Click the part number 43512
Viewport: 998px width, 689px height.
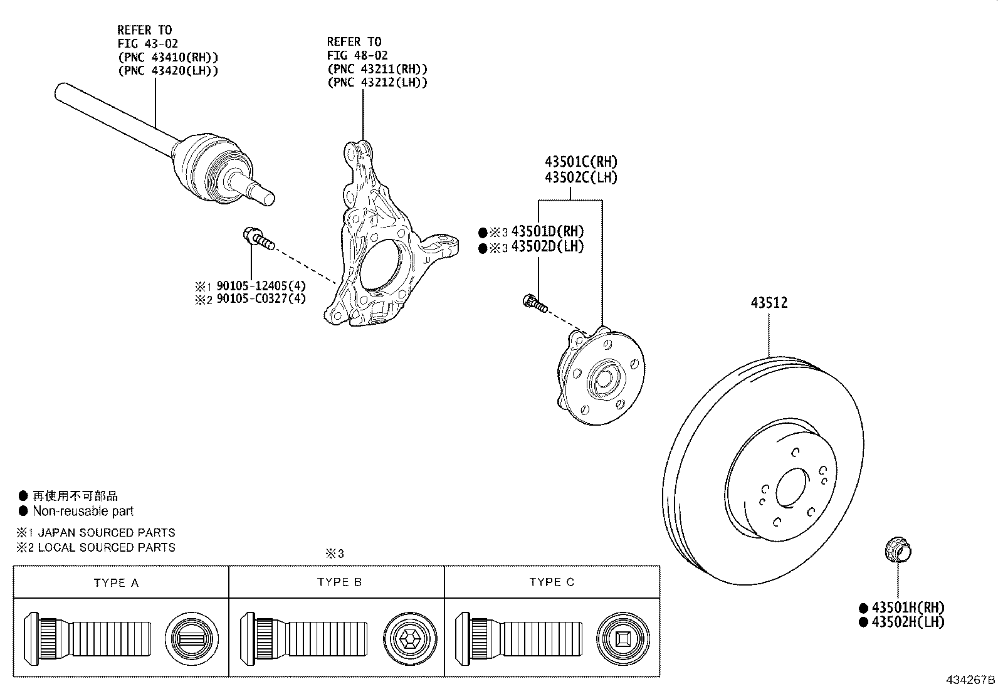coord(769,303)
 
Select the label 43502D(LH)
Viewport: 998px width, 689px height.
coord(547,247)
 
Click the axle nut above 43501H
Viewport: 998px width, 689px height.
coord(897,551)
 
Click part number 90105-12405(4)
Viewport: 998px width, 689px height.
coord(261,287)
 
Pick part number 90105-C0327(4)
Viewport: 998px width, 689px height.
coord(261,298)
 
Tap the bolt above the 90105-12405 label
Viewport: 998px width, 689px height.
coord(258,238)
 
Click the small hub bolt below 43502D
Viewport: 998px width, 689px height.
coord(535,303)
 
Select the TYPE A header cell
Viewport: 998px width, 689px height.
coord(116,582)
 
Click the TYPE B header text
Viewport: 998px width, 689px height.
coord(339,582)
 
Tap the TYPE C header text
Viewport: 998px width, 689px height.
coord(552,582)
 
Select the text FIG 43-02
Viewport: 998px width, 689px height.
coord(147,43)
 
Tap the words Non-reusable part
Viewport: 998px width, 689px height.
coord(83,511)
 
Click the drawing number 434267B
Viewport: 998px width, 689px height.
coord(970,680)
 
